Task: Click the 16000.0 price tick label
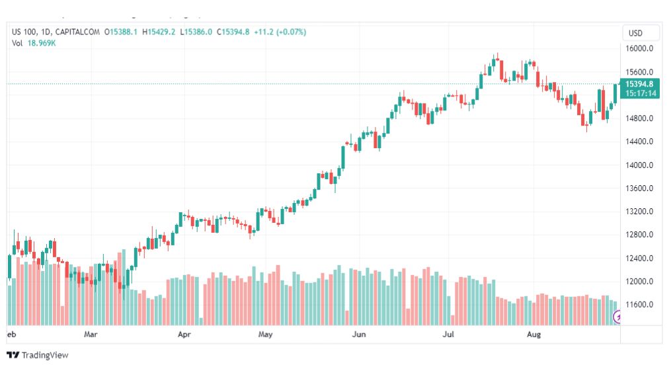pos(639,49)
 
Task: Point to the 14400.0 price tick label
pos(639,142)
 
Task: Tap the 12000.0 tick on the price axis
pos(639,281)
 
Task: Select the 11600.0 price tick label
pos(639,305)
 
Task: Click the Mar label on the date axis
pos(91,335)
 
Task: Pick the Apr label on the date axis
pos(184,335)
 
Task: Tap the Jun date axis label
pos(359,335)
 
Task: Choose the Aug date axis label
pos(534,335)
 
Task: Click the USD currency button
pos(635,33)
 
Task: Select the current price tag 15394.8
pos(640,84)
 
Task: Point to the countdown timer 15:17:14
pos(640,94)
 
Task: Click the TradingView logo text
pos(44,356)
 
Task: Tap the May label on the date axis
pos(266,335)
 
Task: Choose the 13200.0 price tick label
pos(639,212)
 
